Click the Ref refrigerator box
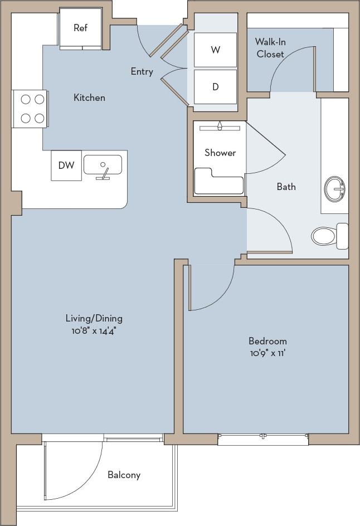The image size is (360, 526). (x=80, y=28)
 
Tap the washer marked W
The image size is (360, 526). (x=215, y=50)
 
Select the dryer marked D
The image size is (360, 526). (x=215, y=87)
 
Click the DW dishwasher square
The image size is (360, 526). (x=66, y=165)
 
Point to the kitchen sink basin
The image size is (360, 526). (x=103, y=164)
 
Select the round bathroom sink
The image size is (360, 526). (x=336, y=189)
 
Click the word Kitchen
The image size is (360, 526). (x=89, y=98)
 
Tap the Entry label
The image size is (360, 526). (x=142, y=71)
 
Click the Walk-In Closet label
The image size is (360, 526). (x=270, y=48)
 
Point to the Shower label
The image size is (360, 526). (x=220, y=153)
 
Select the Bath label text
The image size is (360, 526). (x=286, y=187)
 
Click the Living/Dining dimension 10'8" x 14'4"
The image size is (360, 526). (x=94, y=330)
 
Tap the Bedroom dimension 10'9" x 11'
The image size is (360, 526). (x=267, y=353)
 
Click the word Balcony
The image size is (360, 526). (x=124, y=475)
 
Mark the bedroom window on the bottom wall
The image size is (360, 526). (x=263, y=439)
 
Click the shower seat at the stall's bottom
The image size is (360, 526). (x=218, y=184)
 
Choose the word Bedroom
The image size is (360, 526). (x=267, y=341)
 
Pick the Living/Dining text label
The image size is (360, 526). (x=94, y=319)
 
